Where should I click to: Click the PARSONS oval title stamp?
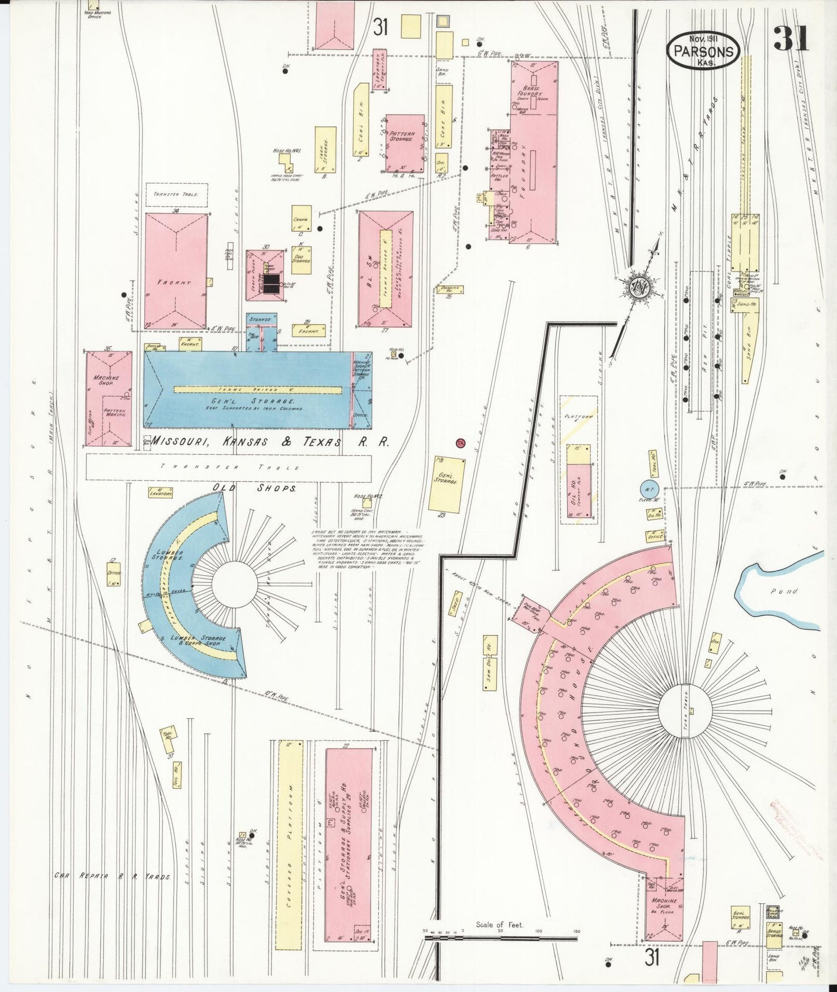tap(704, 50)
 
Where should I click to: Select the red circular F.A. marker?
tap(461, 443)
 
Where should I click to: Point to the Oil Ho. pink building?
tap(579, 490)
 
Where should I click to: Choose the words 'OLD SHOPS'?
tap(255, 488)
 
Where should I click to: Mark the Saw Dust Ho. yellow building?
tap(489, 662)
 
